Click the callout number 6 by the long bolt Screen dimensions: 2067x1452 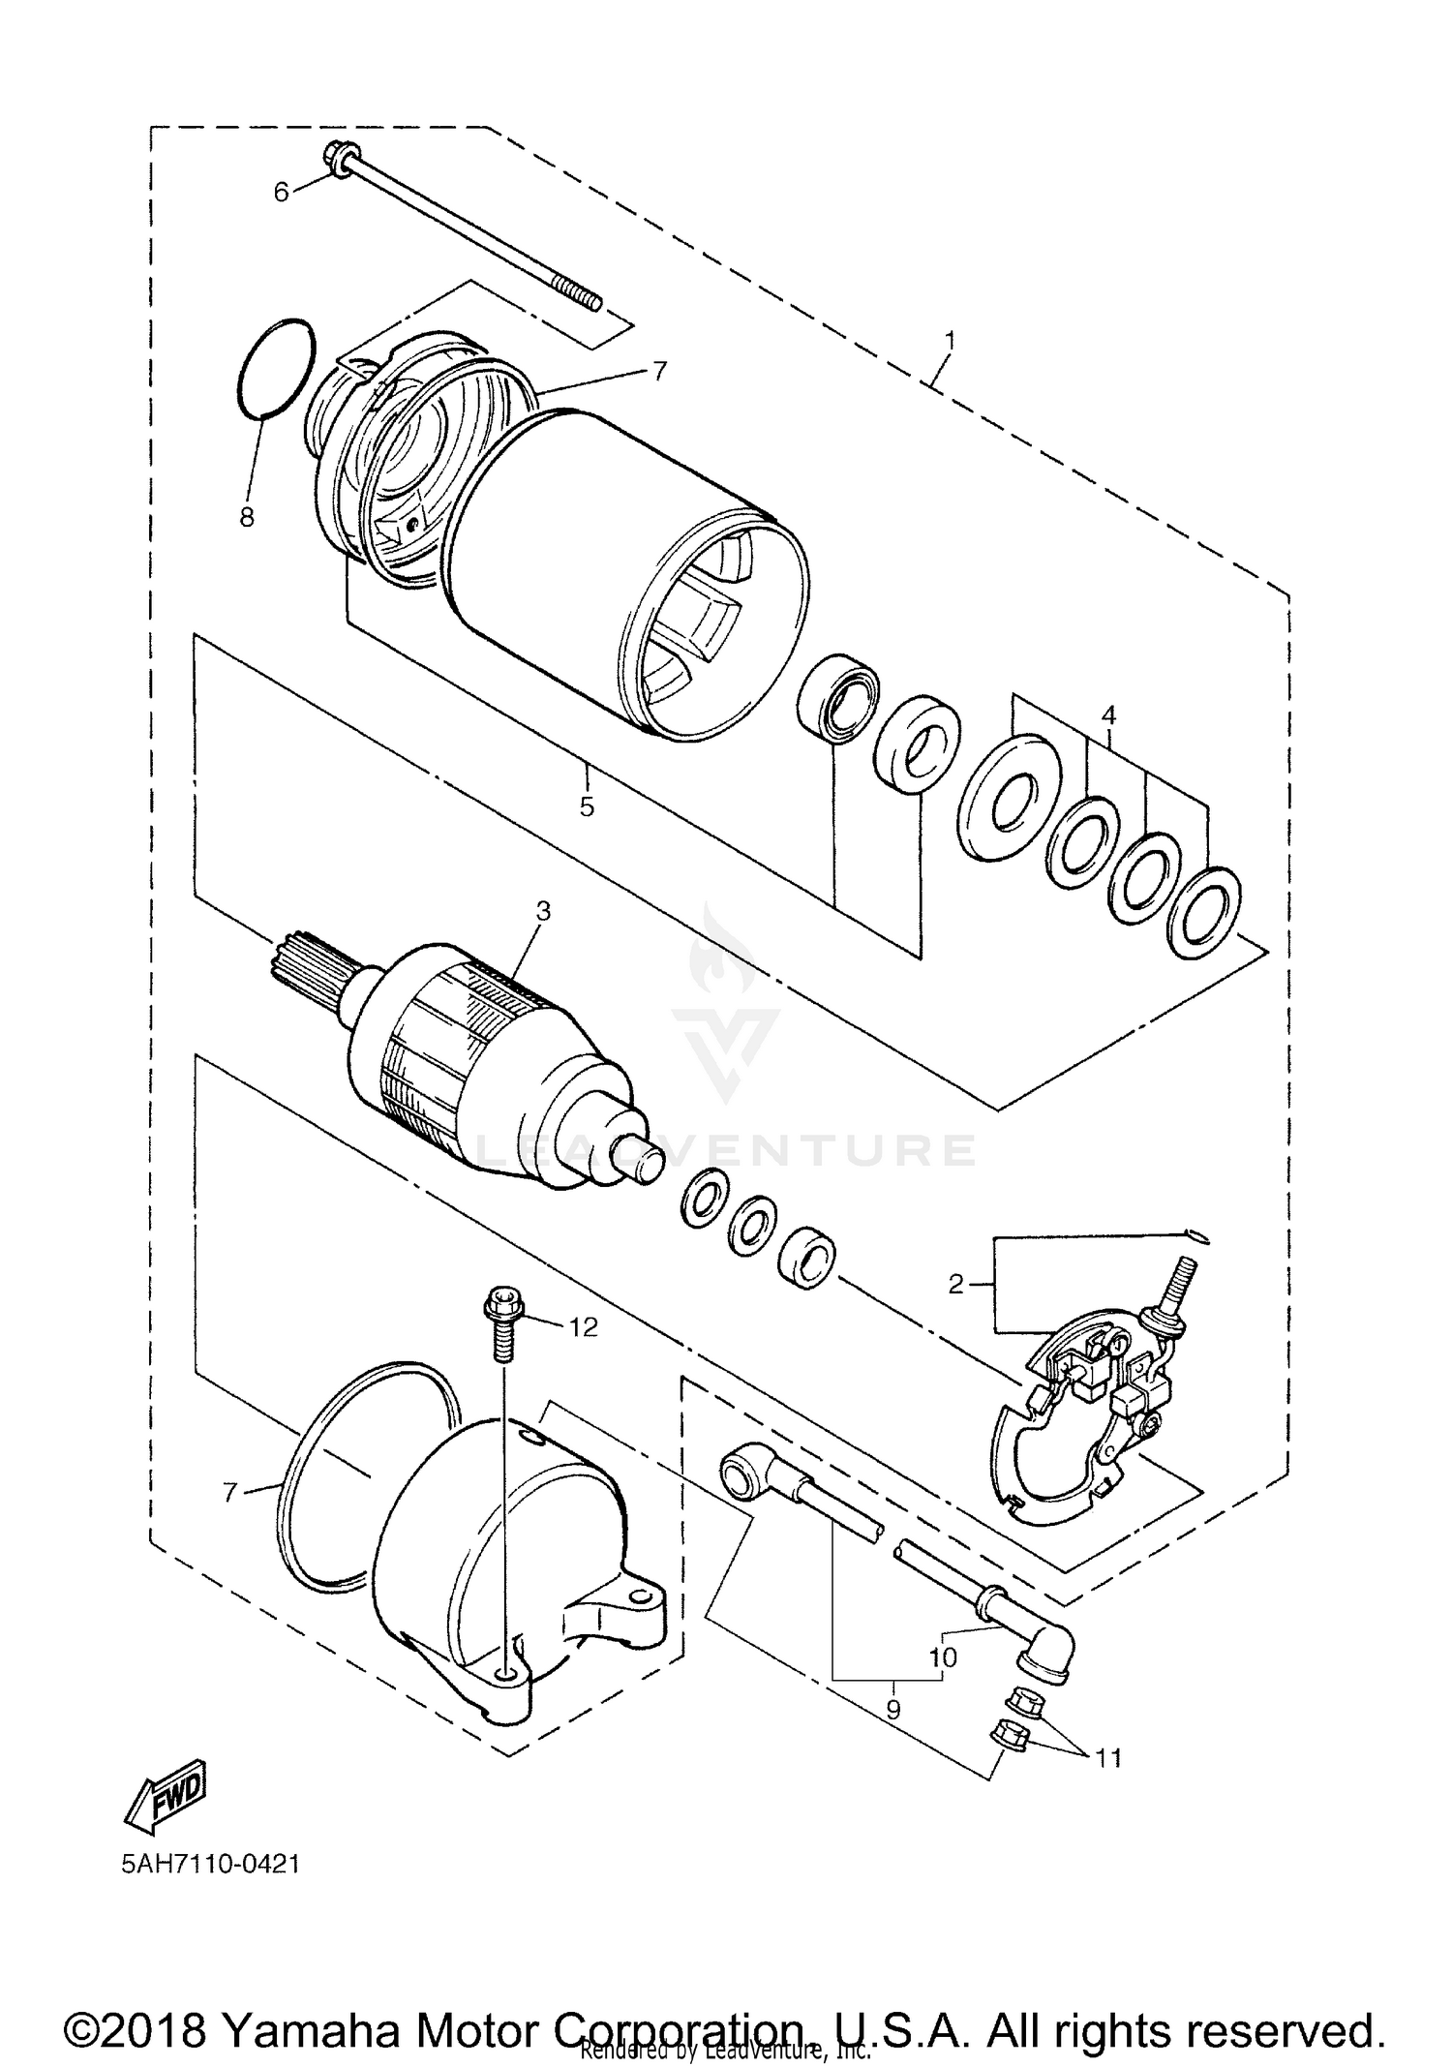281,192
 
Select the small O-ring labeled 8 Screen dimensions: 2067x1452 276,369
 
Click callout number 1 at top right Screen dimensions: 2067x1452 950,340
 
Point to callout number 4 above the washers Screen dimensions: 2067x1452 1108,715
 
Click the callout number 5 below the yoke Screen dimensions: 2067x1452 587,806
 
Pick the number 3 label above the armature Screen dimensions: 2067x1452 543,910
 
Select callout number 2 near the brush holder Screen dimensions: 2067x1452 955,1284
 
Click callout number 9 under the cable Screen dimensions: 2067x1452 892,1710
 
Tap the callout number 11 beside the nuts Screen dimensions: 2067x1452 1107,1756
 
